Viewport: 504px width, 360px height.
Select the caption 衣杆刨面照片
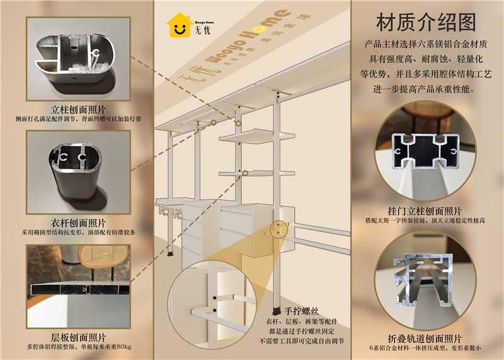[x=78, y=223]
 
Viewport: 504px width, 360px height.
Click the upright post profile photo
[x=78, y=59]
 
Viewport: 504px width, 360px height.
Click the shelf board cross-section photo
[x=78, y=287]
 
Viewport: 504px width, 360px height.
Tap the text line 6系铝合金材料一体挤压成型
[x=416, y=349]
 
